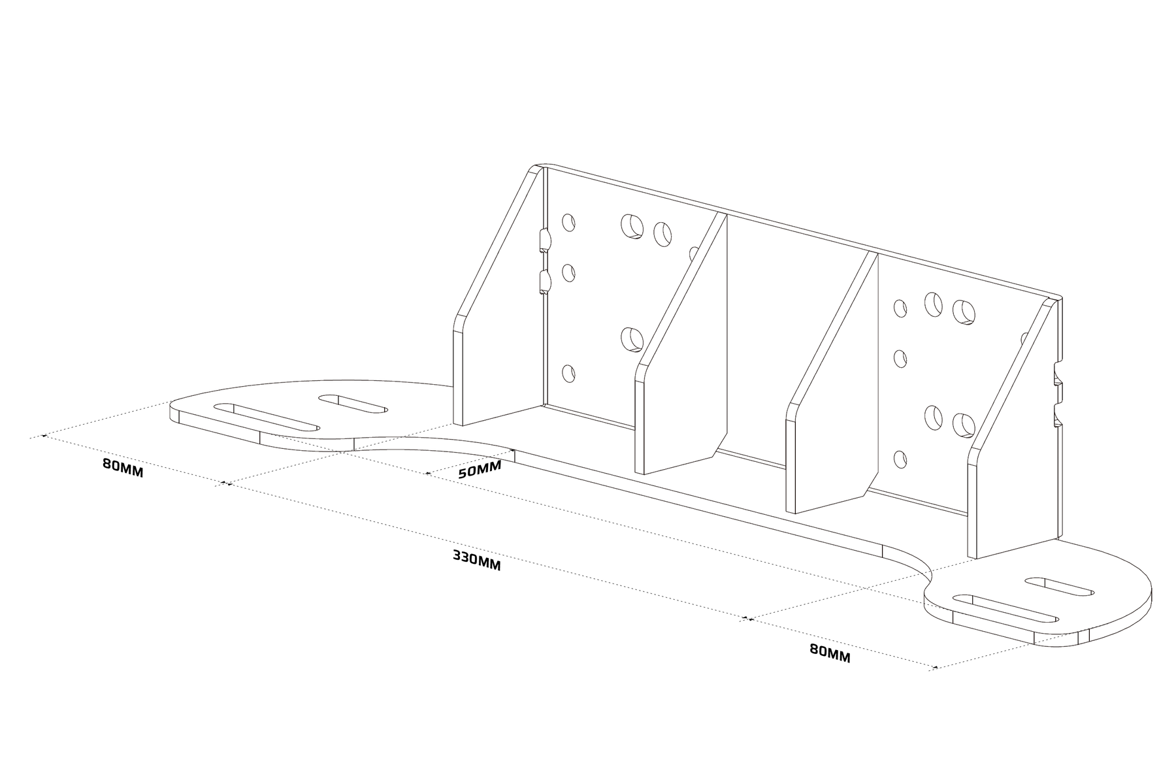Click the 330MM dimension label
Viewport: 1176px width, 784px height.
[476, 561]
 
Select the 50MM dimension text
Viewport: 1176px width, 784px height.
[480, 469]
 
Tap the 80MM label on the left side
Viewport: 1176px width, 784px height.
[122, 468]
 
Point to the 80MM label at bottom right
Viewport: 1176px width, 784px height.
[830, 653]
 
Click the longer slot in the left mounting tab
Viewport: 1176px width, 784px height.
[267, 416]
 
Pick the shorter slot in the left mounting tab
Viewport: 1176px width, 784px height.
[353, 403]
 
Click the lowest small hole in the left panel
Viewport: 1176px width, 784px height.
[568, 374]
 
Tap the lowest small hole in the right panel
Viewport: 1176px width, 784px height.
[900, 460]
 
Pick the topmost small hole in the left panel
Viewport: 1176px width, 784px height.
[568, 222]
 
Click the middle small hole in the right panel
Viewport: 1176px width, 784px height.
[900, 359]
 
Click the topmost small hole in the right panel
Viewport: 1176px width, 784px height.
[900, 308]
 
